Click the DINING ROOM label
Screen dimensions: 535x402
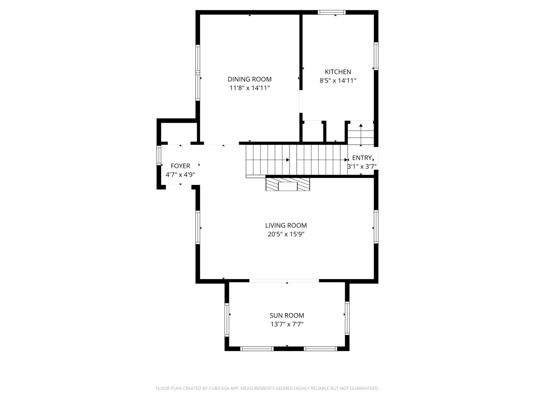pos(249,79)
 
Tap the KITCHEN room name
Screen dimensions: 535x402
pos(338,72)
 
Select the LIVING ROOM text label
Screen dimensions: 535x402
pos(286,225)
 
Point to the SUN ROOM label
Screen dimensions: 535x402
pos(286,315)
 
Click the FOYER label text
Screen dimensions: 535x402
pos(180,166)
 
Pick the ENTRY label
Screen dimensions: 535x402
pos(362,158)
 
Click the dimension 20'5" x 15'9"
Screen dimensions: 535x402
pos(286,234)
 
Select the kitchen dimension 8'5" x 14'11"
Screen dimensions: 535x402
pos(338,80)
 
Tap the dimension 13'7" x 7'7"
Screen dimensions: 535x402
pos(286,324)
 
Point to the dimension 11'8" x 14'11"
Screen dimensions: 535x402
pos(249,88)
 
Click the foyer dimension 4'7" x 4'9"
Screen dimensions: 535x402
pos(180,175)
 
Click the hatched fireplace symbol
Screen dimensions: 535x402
pos(288,184)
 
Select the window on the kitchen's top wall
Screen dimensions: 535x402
pos(331,12)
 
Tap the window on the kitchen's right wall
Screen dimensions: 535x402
pos(376,56)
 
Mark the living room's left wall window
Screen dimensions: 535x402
pos(198,227)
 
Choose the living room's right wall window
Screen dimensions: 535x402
pos(376,227)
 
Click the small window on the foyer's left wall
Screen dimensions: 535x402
pos(159,155)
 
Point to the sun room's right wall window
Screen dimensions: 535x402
pos(347,318)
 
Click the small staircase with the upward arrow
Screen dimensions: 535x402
pos(361,134)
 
